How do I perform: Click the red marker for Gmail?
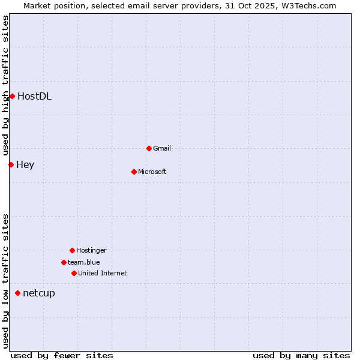[x=149, y=148]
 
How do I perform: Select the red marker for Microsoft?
[x=134, y=172]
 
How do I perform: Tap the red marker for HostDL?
[x=12, y=96]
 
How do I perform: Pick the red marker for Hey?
[x=11, y=164]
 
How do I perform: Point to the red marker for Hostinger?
[x=72, y=250]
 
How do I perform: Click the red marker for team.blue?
[x=64, y=262]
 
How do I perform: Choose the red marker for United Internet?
[x=74, y=273]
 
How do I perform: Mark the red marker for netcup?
[x=17, y=293]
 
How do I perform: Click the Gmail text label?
[x=162, y=148]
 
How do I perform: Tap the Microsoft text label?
[x=152, y=172]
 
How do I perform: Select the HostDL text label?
[x=34, y=96]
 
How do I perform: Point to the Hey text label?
[x=25, y=164]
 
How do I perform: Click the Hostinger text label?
[x=91, y=250]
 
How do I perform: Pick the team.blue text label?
[x=84, y=262]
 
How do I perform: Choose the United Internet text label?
[x=103, y=273]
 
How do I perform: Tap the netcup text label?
[x=39, y=293]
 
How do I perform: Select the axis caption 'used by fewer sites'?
[x=62, y=355]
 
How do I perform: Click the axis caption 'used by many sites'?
[x=301, y=355]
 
